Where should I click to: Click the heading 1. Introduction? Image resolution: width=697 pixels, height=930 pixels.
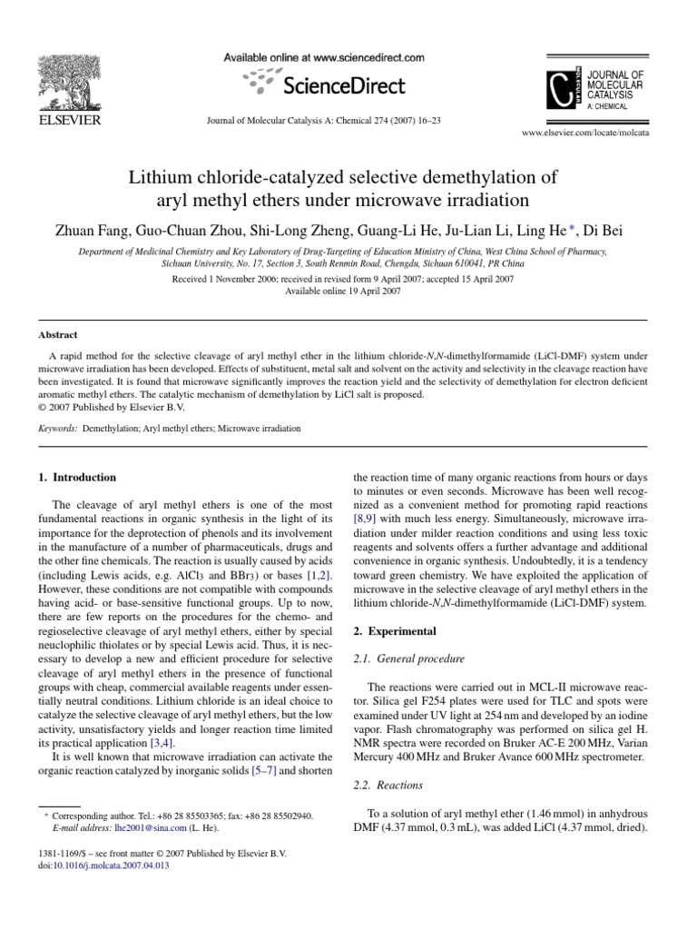pyautogui.click(x=77, y=477)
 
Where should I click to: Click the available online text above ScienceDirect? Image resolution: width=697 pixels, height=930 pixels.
pyautogui.click(x=324, y=57)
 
